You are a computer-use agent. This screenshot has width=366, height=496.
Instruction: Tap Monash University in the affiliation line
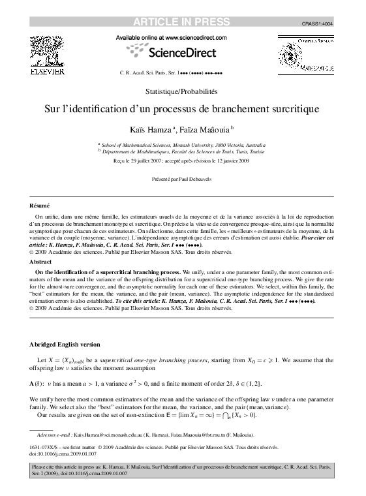[187, 145]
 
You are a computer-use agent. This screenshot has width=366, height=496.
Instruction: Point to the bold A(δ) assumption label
[39, 383]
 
